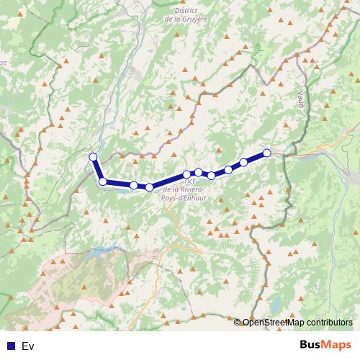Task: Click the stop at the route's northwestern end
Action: click(x=93, y=157)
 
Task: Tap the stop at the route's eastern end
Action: click(x=267, y=153)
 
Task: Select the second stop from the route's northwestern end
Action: click(x=103, y=181)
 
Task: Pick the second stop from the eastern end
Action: click(x=243, y=162)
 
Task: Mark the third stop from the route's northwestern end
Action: click(x=134, y=185)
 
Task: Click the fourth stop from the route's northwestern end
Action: click(x=149, y=187)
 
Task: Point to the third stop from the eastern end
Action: click(x=228, y=170)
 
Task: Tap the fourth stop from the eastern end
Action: click(x=212, y=175)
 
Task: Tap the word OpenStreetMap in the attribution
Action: click(x=273, y=322)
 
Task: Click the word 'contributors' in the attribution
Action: click(x=328, y=322)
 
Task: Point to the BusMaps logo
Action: click(x=325, y=346)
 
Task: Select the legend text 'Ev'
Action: click(x=28, y=346)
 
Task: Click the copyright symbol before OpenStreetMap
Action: click(x=238, y=322)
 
